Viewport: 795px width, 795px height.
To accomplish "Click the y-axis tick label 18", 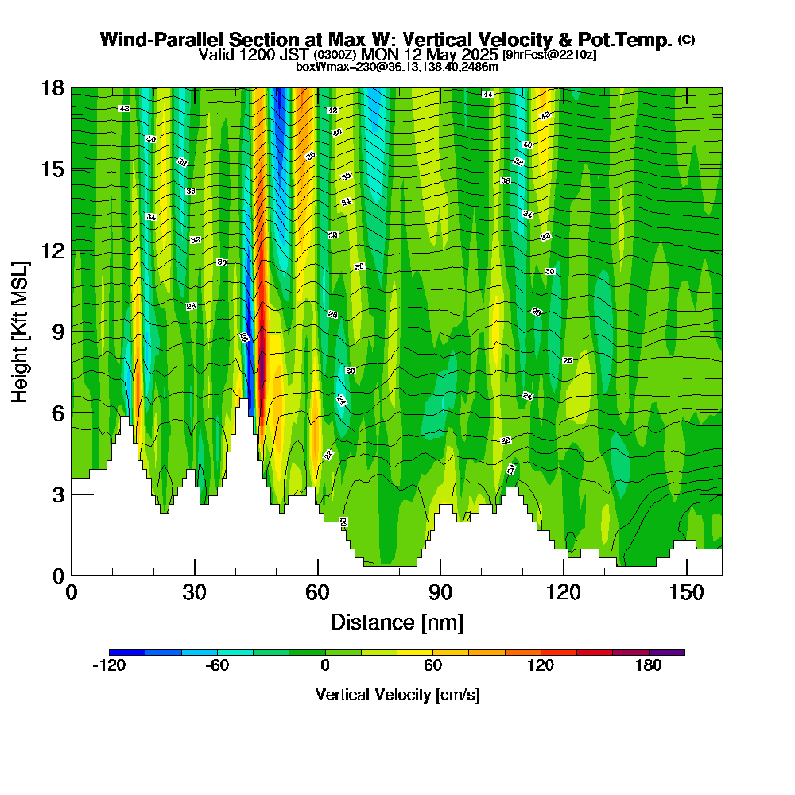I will [52, 88].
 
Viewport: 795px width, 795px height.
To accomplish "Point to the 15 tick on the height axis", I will [52, 169].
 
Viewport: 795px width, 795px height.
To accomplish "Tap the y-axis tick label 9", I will [57, 332].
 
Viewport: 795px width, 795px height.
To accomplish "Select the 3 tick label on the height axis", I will [57, 494].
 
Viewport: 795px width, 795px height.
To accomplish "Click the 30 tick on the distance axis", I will [195, 593].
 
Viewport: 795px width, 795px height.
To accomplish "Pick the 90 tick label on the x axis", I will [440, 593].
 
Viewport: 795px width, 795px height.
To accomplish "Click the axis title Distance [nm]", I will [397, 622].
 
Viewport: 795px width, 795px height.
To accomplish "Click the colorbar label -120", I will [109, 665].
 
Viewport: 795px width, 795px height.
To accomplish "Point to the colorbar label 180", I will [649, 665].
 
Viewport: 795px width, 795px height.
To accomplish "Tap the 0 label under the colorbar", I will [325, 665].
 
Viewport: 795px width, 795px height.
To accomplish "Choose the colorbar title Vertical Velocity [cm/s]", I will [397, 695].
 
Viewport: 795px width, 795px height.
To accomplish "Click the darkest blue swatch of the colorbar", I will [127, 652].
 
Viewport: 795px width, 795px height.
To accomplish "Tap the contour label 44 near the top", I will [487, 94].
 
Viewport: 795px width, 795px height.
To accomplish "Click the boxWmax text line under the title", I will [397, 67].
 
